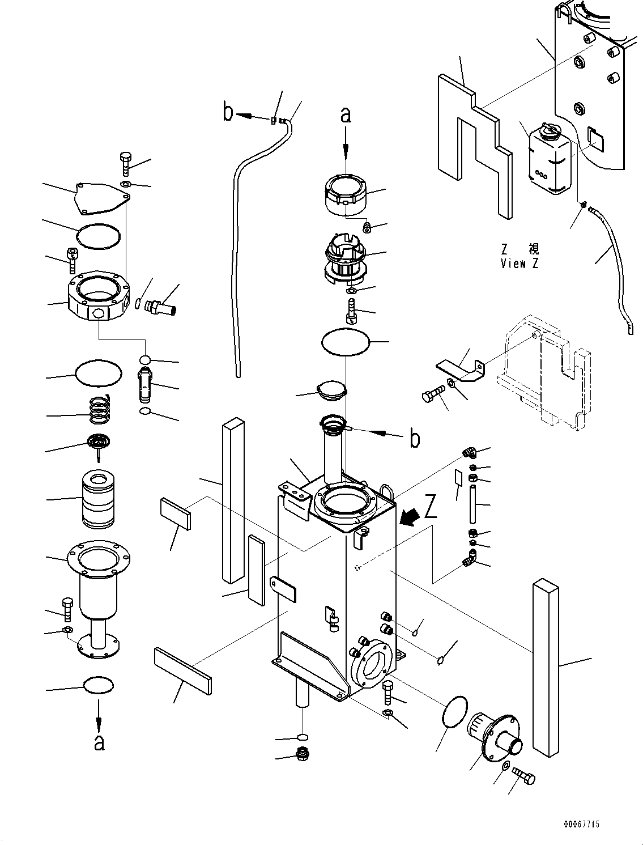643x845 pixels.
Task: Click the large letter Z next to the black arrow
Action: [431, 507]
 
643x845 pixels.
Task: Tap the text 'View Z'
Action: [520, 264]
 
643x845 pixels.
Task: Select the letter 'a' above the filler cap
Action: [346, 115]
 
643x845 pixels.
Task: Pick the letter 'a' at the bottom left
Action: [99, 742]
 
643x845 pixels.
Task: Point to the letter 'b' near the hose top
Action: [228, 113]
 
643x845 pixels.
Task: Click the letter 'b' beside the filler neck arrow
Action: [415, 439]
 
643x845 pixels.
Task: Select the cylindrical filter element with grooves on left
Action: [99, 499]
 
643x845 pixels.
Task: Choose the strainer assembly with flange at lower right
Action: [494, 737]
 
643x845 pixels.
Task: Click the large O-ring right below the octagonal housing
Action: [98, 372]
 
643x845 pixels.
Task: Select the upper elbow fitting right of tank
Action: [469, 452]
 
